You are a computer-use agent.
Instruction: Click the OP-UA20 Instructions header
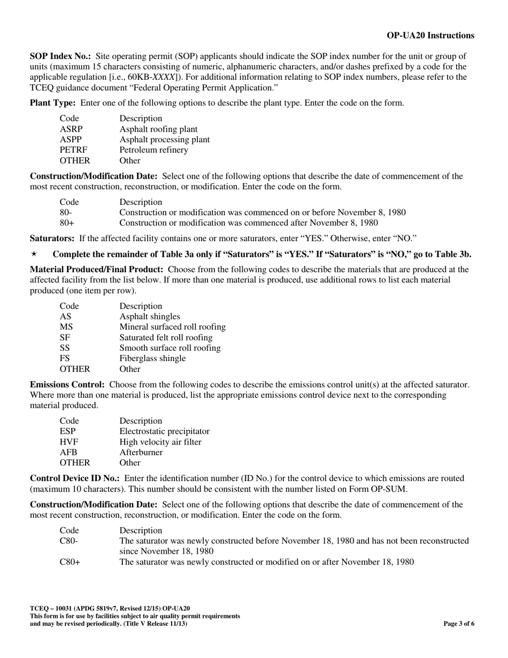pyautogui.click(x=430, y=35)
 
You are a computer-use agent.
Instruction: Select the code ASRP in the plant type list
pyautogui.click(x=71, y=129)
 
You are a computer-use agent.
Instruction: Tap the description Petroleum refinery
pyautogui.click(x=153, y=150)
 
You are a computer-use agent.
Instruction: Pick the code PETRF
pyautogui.click(x=73, y=150)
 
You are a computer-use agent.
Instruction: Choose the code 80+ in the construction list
pyautogui.click(x=67, y=223)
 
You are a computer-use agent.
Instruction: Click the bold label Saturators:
pyautogui.click(x=52, y=238)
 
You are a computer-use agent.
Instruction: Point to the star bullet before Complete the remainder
pyautogui.click(x=33, y=254)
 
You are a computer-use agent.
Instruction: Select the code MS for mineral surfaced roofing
pyautogui.click(x=66, y=327)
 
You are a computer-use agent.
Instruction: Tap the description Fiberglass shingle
pyautogui.click(x=152, y=358)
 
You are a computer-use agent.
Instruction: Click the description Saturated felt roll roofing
pyautogui.click(x=166, y=338)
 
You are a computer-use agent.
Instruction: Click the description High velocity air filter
pyautogui.click(x=160, y=442)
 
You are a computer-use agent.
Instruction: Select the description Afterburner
pyautogui.click(x=141, y=453)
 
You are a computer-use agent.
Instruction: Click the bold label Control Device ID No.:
pyautogui.click(x=74, y=478)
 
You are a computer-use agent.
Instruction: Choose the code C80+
pyautogui.click(x=70, y=562)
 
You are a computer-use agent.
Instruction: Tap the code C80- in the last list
pyautogui.click(x=69, y=541)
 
